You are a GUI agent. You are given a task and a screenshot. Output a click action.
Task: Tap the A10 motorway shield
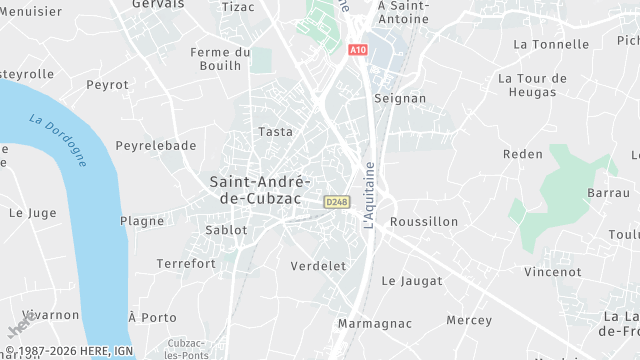tap(358, 49)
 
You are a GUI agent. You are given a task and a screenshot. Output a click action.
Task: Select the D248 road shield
tap(336, 202)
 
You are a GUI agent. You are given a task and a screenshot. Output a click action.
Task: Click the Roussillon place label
tap(424, 221)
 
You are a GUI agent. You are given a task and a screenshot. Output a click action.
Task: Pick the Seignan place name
tap(399, 99)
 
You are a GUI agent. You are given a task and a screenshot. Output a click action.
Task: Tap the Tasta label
tap(275, 132)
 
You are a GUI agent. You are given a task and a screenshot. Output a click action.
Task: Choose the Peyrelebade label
tap(156, 145)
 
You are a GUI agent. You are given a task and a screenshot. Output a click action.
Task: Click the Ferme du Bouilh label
tap(220, 58)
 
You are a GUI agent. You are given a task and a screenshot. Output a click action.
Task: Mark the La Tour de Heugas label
tap(532, 85)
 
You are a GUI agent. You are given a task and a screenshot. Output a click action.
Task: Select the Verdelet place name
tap(318, 266)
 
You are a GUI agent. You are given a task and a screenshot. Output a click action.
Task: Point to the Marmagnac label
tap(375, 324)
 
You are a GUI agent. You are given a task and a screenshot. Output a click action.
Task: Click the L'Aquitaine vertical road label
tap(369, 194)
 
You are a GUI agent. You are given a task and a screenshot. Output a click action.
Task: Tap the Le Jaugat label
tap(412, 281)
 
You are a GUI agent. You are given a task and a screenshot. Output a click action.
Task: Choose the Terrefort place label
tap(186, 264)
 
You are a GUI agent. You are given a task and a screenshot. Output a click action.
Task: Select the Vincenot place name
tap(553, 271)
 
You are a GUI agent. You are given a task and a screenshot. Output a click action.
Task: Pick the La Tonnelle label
tap(551, 44)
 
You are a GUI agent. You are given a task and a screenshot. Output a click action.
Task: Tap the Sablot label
tap(226, 230)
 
